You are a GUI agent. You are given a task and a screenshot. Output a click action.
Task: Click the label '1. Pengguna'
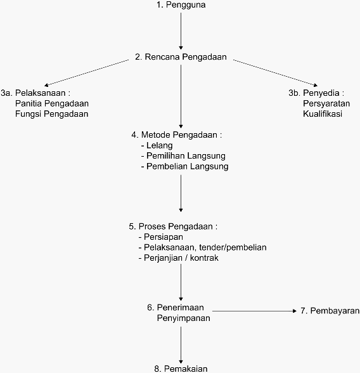click(181, 5)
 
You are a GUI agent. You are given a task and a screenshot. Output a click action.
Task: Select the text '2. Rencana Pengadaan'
click(181, 57)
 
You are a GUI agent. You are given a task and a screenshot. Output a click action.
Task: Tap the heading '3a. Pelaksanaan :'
click(35, 93)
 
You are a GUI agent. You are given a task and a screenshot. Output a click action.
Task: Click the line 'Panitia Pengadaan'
click(52, 103)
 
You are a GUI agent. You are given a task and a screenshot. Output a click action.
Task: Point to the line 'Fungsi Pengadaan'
click(52, 114)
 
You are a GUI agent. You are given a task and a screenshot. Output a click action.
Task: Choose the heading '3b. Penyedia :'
click(316, 93)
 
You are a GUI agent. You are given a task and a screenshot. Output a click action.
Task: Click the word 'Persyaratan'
click(326, 103)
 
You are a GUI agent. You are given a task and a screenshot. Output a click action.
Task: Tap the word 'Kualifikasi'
click(323, 114)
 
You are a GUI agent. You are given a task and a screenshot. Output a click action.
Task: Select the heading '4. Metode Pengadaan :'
click(177, 135)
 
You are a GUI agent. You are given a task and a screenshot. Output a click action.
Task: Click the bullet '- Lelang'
click(157, 145)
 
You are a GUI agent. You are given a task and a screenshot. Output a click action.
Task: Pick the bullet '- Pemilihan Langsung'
click(183, 156)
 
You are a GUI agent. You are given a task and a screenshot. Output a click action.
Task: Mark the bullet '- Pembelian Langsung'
click(184, 166)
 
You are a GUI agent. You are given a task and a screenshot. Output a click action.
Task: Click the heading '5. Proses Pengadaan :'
click(173, 226)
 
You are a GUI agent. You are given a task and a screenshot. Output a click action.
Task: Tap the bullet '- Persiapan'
click(161, 237)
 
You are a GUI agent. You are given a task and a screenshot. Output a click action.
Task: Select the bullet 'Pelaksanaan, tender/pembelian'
click(205, 247)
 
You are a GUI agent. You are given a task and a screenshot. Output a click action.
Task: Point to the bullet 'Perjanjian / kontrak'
click(181, 258)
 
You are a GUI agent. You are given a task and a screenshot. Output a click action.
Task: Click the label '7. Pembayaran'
click(330, 311)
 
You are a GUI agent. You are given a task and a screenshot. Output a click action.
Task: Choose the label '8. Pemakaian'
click(181, 369)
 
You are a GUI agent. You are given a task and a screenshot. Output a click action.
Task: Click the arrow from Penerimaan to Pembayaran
click(255, 311)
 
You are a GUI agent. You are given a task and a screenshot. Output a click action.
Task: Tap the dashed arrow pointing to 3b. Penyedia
click(276, 73)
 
